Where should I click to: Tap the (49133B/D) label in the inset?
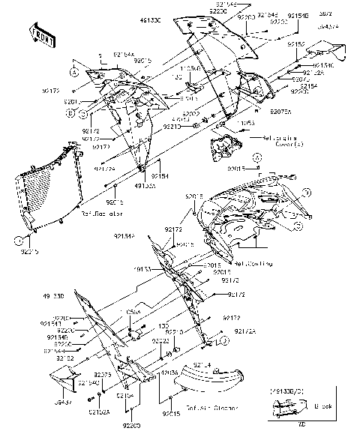coord(291,391)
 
